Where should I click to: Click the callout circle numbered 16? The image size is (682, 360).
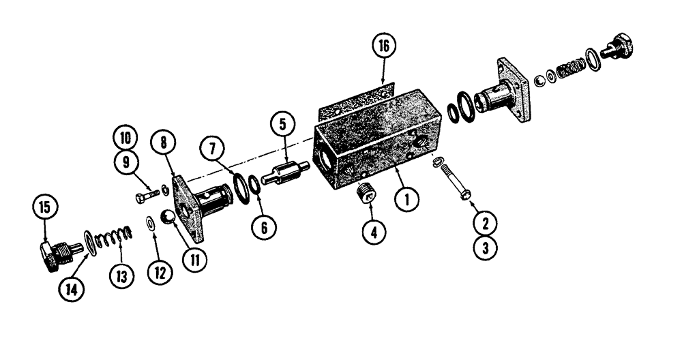click(383, 48)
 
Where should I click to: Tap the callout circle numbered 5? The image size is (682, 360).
click(282, 125)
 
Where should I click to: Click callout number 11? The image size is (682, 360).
click(194, 258)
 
